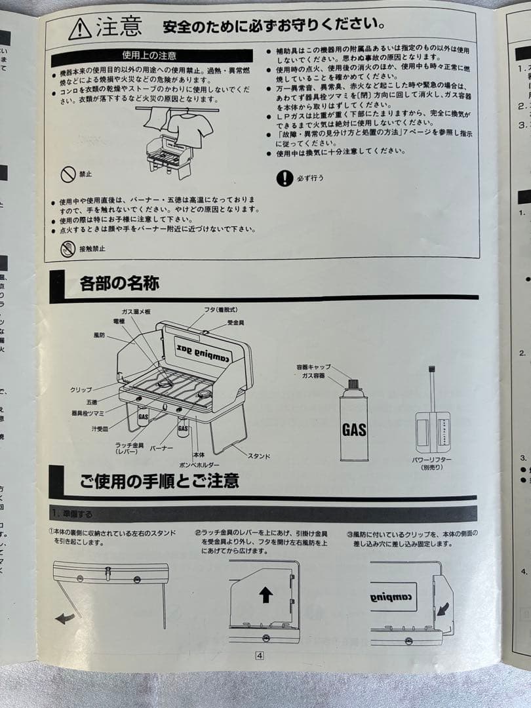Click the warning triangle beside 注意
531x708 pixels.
coord(80,28)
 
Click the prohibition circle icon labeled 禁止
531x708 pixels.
coord(68,174)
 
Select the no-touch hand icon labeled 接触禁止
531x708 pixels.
coord(68,248)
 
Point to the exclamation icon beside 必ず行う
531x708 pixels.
coord(285,178)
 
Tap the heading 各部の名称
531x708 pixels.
coord(119,285)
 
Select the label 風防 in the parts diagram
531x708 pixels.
coord(99,335)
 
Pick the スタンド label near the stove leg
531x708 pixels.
coord(259,455)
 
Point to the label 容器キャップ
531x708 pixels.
coord(313,367)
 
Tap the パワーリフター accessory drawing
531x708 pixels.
coord(432,420)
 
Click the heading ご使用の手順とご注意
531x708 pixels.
coord(159,482)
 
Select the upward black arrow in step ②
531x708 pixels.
coord(265,595)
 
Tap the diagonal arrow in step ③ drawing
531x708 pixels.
coord(444,609)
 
